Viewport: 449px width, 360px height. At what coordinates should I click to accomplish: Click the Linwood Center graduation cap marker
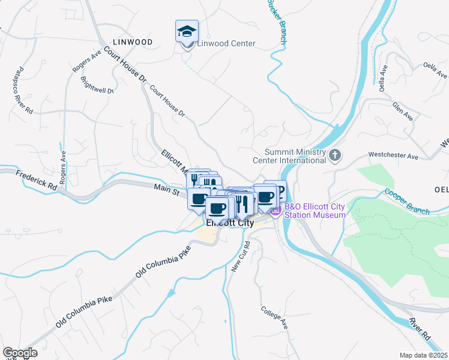187,31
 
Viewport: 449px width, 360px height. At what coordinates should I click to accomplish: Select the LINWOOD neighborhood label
132,41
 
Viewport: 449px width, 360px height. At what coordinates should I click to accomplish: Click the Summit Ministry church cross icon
336,156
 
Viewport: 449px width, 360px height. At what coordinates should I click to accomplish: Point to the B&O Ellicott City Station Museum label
315,211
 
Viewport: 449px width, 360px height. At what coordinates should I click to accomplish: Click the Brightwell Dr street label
97,86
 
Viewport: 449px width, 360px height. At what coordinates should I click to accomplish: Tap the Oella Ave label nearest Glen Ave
382,82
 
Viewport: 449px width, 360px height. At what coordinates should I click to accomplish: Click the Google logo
19,353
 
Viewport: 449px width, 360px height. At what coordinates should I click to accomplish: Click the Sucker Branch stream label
277,22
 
